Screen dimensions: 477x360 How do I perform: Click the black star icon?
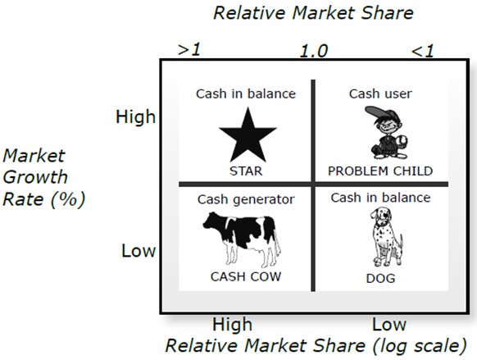point(248,135)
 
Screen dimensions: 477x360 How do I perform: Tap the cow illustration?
point(242,239)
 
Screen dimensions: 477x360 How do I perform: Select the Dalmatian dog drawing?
point(386,237)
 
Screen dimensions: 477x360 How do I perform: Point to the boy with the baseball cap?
point(386,133)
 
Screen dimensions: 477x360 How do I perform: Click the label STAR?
point(246,171)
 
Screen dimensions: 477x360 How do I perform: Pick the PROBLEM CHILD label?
point(380,171)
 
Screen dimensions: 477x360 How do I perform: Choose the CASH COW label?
point(246,276)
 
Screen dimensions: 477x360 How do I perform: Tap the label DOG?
point(380,279)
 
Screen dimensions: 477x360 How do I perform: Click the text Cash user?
point(380,93)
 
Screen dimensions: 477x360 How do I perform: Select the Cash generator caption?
point(246,199)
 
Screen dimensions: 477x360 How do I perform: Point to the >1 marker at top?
point(189,49)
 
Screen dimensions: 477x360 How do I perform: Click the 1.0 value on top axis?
point(314,51)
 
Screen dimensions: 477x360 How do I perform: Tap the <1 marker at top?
point(423,51)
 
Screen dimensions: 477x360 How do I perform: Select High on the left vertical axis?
point(136,116)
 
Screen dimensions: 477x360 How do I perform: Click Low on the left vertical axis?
point(139,251)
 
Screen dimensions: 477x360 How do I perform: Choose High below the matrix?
point(233,325)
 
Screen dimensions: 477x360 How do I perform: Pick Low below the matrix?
point(389,325)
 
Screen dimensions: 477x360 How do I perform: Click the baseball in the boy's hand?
point(402,140)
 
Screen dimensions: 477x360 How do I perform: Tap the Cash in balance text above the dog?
point(380,198)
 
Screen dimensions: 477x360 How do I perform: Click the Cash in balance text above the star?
point(246,93)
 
